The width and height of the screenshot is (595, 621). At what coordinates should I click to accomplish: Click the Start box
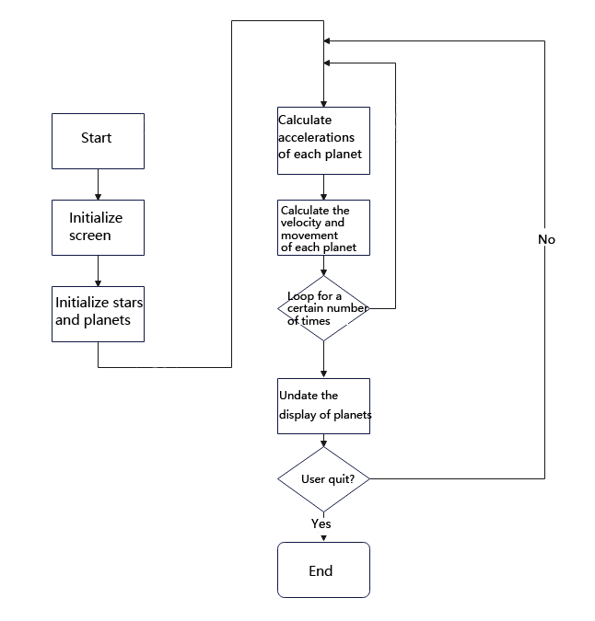[x=98, y=141]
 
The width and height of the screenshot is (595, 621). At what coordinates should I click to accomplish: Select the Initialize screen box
[x=98, y=227]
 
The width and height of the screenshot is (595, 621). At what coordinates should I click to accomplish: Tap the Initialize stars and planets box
[x=98, y=314]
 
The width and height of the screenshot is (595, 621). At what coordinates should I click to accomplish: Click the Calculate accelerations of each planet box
[x=323, y=140]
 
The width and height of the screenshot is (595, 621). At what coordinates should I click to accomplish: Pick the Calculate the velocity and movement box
[x=323, y=227]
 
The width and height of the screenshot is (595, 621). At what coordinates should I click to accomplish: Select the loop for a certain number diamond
[x=323, y=309]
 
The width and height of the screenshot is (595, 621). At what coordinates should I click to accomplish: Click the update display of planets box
[x=323, y=406]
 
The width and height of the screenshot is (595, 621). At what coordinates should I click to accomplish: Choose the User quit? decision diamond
[x=323, y=479]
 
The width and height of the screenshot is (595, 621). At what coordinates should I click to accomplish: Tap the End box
[x=323, y=569]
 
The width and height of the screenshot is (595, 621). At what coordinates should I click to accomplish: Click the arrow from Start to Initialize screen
[x=98, y=184]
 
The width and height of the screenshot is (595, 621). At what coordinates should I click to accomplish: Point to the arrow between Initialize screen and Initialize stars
[x=98, y=270]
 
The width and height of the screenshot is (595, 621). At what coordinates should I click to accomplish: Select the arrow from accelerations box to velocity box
[x=323, y=187]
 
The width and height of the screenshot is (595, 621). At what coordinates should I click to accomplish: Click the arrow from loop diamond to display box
[x=323, y=360]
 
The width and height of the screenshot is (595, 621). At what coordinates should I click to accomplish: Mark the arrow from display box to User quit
[x=323, y=440]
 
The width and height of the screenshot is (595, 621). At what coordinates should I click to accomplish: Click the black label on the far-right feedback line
[x=547, y=239]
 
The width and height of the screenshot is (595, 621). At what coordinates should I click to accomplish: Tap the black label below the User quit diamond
[x=321, y=523]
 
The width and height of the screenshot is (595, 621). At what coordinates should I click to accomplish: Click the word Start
[x=97, y=138]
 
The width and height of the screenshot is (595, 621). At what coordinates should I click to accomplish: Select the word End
[x=321, y=571]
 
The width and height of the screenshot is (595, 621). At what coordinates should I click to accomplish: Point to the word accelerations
[x=316, y=137]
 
